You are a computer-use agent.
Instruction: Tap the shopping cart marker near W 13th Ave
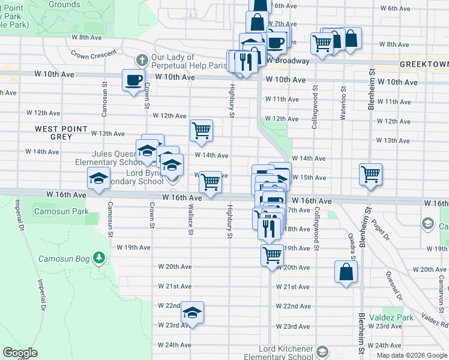point(201,131)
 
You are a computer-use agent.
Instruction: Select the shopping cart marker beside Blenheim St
point(370,175)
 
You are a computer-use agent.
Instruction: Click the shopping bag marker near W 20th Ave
point(346,271)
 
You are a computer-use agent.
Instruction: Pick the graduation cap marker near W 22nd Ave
point(192,312)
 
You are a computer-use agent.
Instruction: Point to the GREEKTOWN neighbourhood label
point(427,63)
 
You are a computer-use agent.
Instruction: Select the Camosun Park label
point(63,212)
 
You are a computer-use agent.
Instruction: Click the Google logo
point(20,353)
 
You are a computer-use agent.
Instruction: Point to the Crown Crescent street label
point(94,55)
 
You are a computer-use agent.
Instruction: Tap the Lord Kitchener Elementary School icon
point(322,351)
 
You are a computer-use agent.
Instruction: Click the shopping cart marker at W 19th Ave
point(272,255)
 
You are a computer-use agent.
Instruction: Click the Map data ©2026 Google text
point(411,355)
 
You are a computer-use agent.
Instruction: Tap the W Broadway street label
point(288,61)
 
